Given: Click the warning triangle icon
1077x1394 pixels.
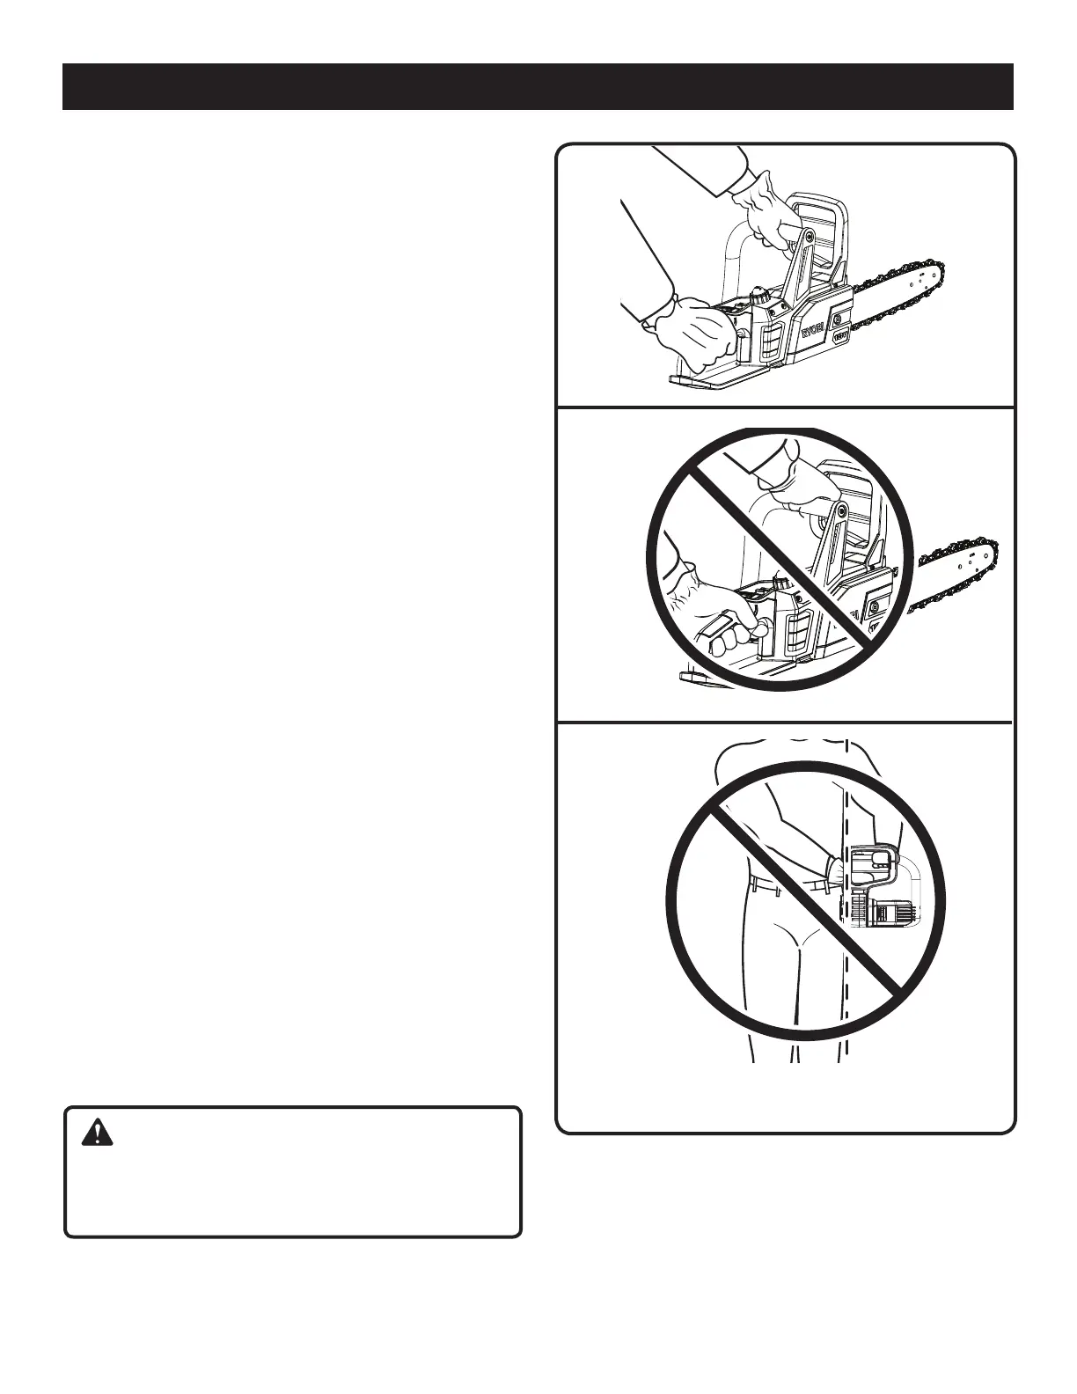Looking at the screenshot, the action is pyautogui.click(x=97, y=1133).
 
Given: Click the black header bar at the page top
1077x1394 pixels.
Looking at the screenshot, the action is pyautogui.click(x=538, y=86).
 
